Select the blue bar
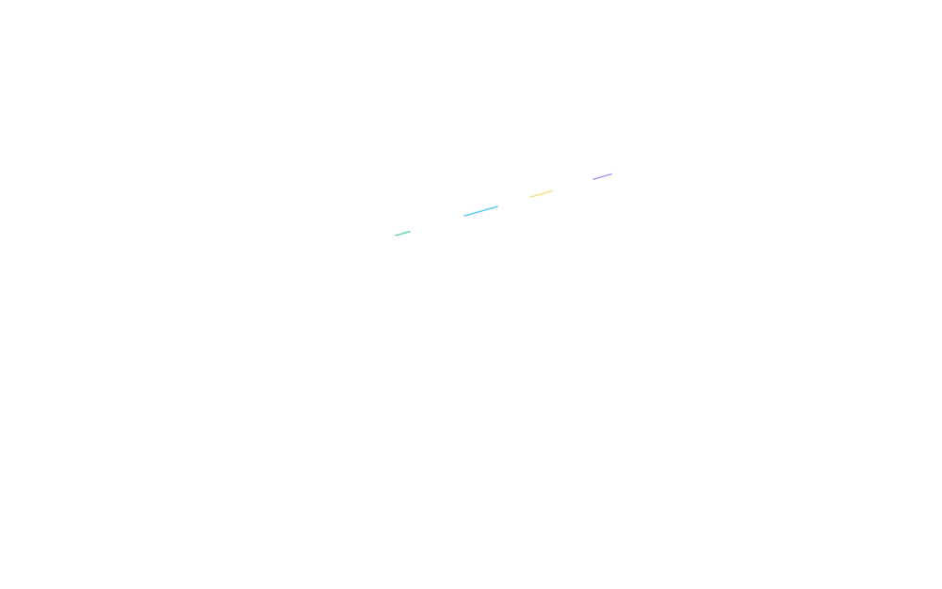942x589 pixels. [477, 222]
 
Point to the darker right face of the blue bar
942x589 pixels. [481, 221]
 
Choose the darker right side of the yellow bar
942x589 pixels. [542, 213]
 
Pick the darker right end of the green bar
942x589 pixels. [402, 231]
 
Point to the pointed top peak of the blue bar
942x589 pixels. [492, 199]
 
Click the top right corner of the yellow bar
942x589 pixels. [549, 186]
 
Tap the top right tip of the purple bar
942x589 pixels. [609, 169]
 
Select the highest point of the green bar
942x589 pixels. [406, 226]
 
